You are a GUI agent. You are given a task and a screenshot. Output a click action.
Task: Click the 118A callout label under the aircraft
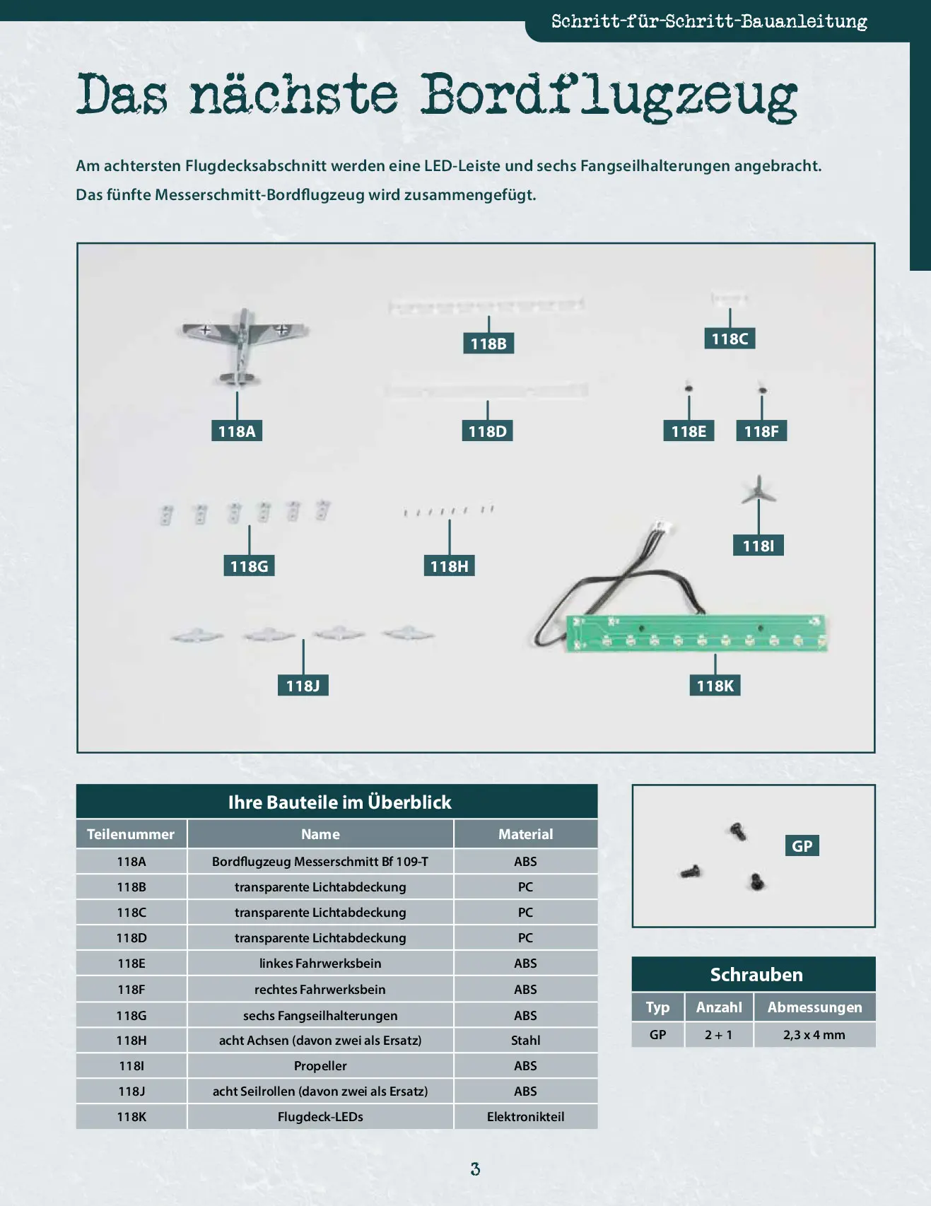point(237,431)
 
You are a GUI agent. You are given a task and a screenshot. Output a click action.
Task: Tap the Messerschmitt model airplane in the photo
point(242,346)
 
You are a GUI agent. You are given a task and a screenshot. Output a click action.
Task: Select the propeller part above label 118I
point(759,488)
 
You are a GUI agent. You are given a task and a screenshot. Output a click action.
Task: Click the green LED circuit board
point(696,632)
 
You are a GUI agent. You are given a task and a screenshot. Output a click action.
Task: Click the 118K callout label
point(715,685)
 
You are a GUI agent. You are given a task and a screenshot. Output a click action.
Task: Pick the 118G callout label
point(249,566)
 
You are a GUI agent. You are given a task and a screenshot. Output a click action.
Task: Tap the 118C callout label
point(730,339)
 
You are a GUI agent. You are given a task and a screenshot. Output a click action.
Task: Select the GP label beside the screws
point(802,845)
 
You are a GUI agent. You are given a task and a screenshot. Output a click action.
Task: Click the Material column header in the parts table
point(526,834)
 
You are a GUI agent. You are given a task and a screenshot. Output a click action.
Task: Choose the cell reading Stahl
point(526,1041)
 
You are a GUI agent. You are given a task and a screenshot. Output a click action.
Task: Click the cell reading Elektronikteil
point(526,1117)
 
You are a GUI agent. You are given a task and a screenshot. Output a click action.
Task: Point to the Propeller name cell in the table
point(320,1066)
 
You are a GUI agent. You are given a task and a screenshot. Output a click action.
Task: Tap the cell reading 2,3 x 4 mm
point(814,1035)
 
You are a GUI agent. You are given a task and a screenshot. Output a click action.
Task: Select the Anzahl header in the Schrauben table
point(719,1007)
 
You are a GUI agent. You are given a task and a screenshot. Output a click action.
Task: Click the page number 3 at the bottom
point(475,1169)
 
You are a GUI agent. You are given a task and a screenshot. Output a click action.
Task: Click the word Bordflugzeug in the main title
point(609,96)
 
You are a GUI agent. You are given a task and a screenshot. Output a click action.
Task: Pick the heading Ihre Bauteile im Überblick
point(339,802)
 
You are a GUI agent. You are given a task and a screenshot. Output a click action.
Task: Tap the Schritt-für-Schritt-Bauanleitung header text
point(709,22)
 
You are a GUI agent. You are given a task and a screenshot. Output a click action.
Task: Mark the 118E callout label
point(689,431)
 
